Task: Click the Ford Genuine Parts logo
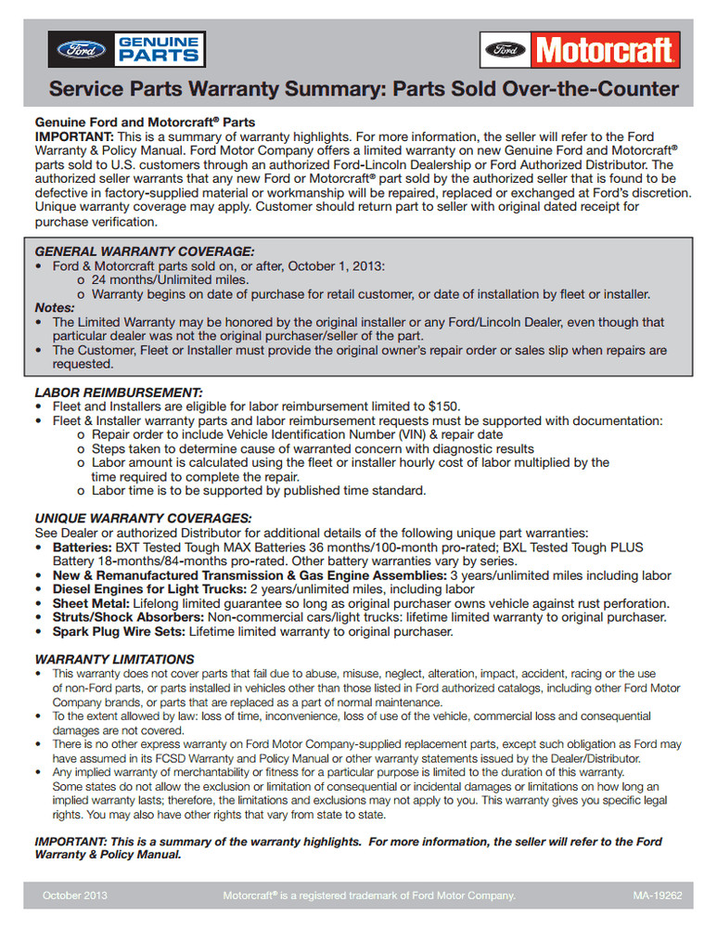point(126,49)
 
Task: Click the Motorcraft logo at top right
point(581,49)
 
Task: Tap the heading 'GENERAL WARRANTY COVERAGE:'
point(145,251)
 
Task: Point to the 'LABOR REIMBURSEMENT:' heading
point(118,393)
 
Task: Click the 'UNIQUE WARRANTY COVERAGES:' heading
point(143,518)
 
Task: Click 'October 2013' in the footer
point(76,896)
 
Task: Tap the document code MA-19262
point(658,896)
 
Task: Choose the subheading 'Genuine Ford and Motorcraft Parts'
point(145,122)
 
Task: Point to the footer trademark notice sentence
point(368,896)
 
